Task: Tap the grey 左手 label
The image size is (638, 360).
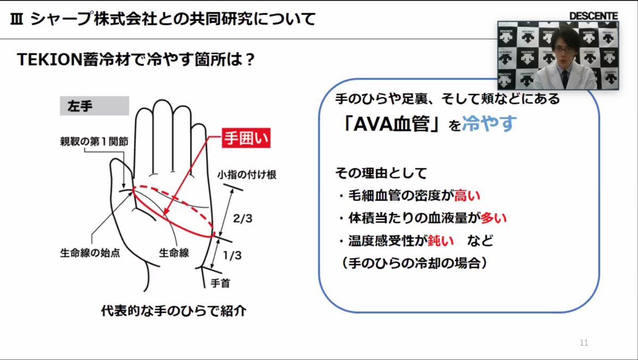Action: click(94, 106)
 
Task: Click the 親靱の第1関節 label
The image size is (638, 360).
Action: click(94, 142)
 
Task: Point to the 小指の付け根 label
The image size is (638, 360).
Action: click(247, 175)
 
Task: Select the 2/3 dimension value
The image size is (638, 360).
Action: click(243, 219)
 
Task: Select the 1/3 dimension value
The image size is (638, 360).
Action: click(232, 256)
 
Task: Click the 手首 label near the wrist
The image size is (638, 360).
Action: click(221, 283)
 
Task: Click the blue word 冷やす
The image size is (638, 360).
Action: click(489, 124)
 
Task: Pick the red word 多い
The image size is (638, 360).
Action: click(494, 218)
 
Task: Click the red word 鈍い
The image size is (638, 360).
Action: click(441, 241)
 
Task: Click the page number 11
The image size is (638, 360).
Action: click(584, 343)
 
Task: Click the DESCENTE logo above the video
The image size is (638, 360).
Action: click(593, 16)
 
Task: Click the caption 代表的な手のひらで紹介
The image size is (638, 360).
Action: click(173, 311)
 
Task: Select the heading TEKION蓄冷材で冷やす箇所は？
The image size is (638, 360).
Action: click(137, 60)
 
